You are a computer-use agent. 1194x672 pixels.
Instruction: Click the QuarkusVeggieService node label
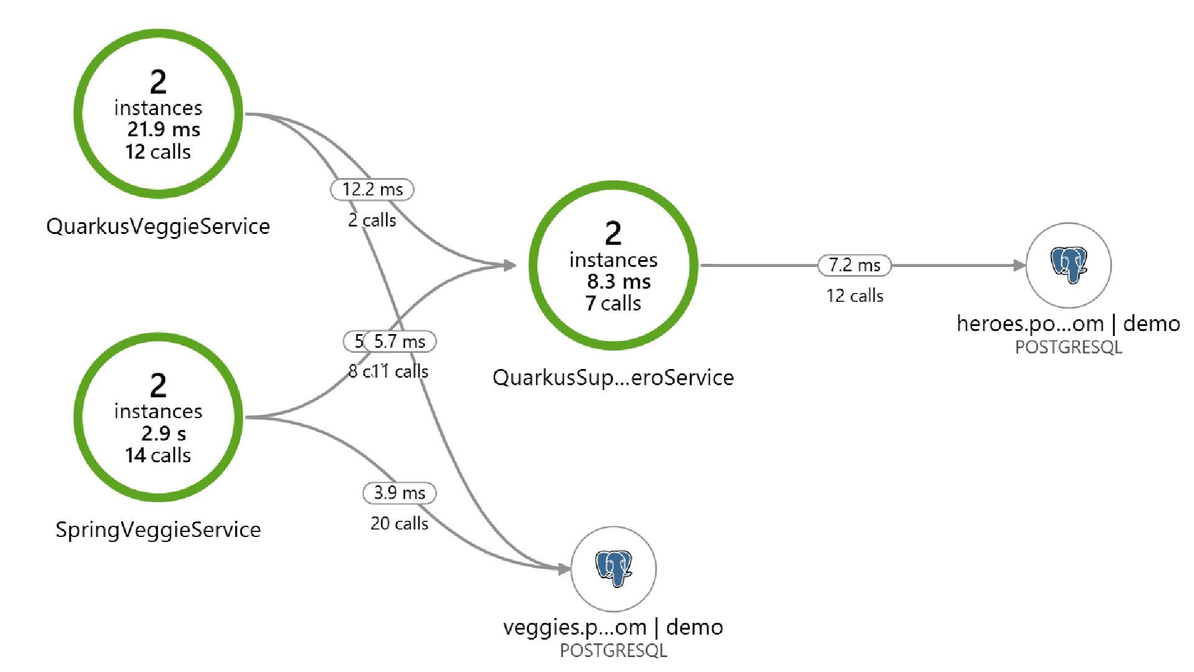pyautogui.click(x=158, y=226)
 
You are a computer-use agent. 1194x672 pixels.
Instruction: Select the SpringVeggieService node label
pyautogui.click(x=158, y=530)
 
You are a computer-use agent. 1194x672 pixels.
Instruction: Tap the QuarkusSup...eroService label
pyautogui.click(x=613, y=377)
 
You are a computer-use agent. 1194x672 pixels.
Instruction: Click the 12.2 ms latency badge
pyautogui.click(x=372, y=189)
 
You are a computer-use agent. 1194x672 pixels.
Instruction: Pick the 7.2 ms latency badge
pyautogui.click(x=854, y=265)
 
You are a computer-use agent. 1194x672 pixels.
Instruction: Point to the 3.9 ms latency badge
pyautogui.click(x=399, y=493)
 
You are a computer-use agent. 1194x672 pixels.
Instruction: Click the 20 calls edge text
pyautogui.click(x=399, y=523)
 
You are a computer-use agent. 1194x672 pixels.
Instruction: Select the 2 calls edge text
pyautogui.click(x=372, y=220)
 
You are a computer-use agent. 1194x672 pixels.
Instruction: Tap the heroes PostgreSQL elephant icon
pyautogui.click(x=1068, y=264)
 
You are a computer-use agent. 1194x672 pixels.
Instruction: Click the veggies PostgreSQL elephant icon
pyautogui.click(x=613, y=568)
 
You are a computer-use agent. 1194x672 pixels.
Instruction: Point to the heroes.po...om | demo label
pyautogui.click(x=1068, y=324)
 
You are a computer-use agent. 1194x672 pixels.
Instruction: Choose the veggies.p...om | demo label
pyautogui.click(x=613, y=627)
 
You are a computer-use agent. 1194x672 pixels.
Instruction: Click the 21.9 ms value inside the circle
pyautogui.click(x=164, y=129)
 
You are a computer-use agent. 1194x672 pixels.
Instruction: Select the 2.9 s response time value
pyautogui.click(x=164, y=433)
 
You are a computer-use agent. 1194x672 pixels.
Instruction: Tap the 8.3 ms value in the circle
pyautogui.click(x=619, y=281)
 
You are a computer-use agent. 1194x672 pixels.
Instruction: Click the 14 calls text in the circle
pyautogui.click(x=158, y=455)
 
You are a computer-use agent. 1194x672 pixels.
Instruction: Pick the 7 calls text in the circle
pyautogui.click(x=613, y=303)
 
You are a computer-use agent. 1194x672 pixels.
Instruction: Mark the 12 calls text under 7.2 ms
pyautogui.click(x=854, y=296)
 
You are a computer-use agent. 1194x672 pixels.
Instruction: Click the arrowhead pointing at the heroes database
pyautogui.click(x=1019, y=266)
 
